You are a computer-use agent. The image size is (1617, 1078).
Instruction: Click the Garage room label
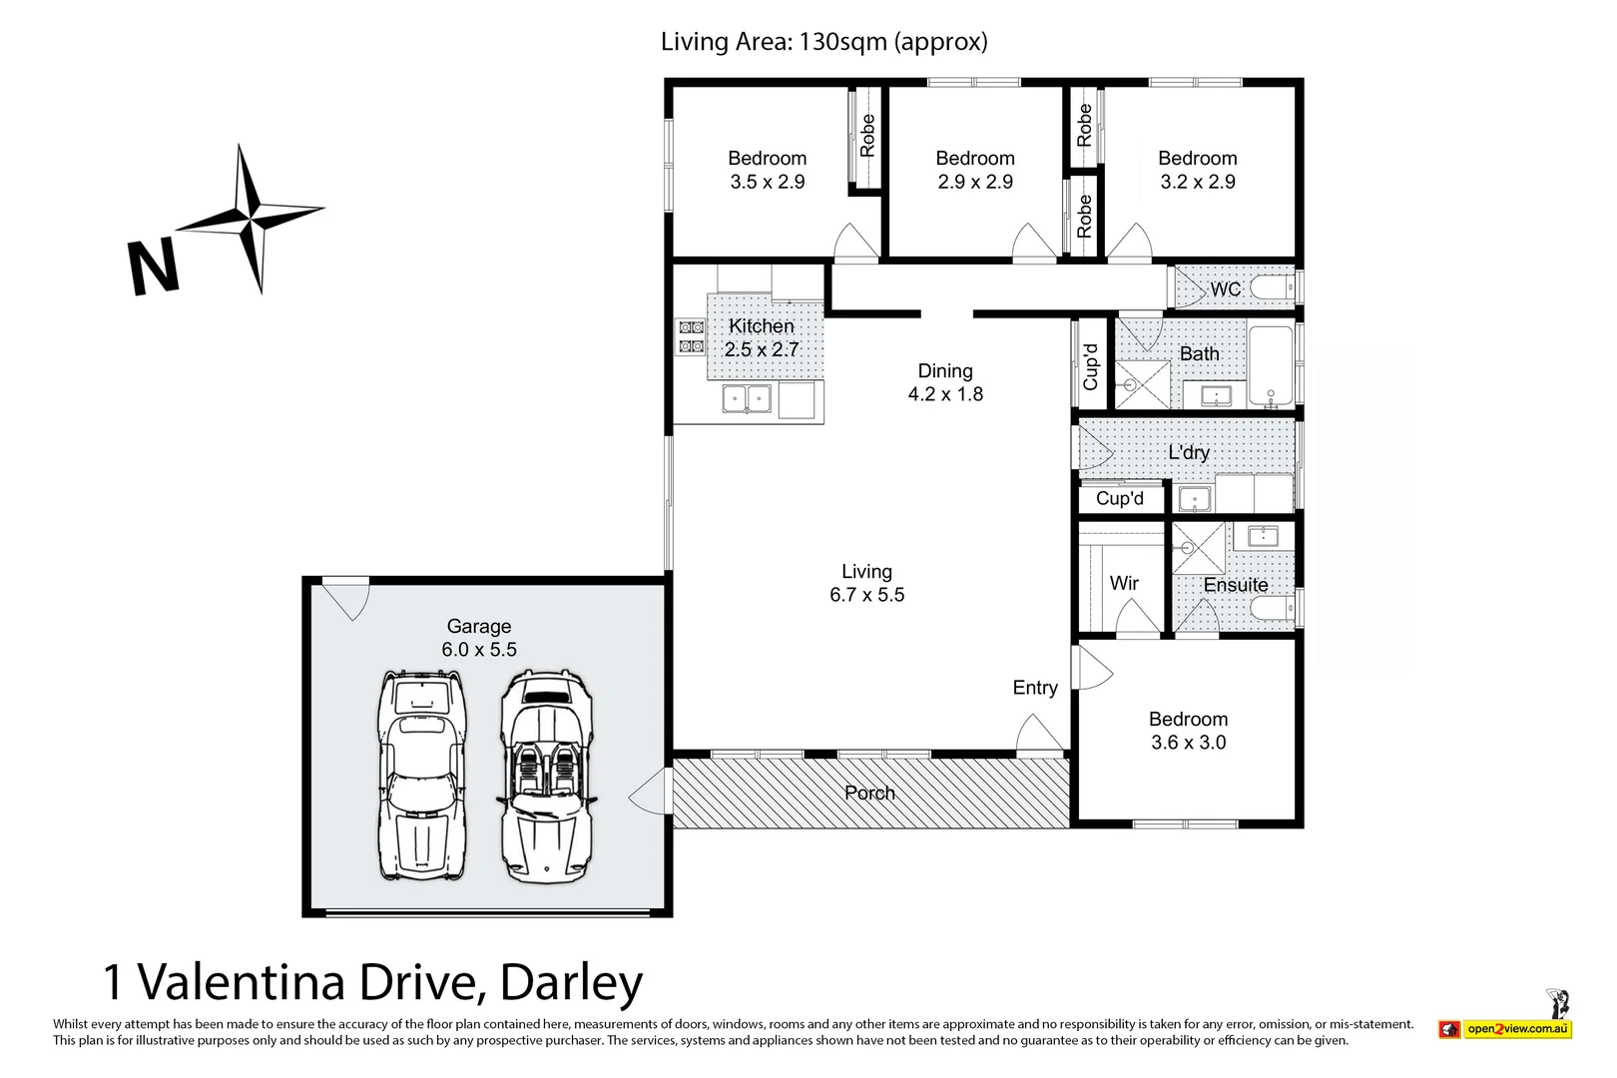(x=479, y=638)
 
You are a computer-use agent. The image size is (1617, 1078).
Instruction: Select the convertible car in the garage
(x=545, y=777)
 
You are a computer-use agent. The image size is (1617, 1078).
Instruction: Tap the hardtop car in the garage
(x=422, y=775)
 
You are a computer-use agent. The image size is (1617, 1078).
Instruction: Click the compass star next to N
(x=250, y=217)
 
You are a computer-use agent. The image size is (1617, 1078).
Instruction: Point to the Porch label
(x=869, y=794)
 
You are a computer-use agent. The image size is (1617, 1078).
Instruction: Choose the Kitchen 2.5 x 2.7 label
(x=762, y=337)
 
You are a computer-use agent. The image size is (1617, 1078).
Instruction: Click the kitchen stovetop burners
(x=691, y=336)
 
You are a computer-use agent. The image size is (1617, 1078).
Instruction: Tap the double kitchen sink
(x=747, y=399)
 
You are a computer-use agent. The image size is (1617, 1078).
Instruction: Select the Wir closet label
(x=1124, y=583)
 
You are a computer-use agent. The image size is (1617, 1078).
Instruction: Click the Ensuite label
(x=1236, y=585)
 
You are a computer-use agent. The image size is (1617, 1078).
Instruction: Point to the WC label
(x=1225, y=289)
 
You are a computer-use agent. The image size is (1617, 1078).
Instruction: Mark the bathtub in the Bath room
(x=1271, y=366)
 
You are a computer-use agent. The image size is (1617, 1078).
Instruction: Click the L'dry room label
(x=1189, y=452)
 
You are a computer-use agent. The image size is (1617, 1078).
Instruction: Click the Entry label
(x=1035, y=688)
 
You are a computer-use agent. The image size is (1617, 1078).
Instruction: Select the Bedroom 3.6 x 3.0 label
(x=1188, y=731)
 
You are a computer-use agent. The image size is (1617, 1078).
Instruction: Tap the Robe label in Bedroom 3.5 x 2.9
(x=867, y=135)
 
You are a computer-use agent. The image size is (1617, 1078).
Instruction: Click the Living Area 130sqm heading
(x=823, y=42)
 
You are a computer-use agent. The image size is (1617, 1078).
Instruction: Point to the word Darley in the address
(x=571, y=982)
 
